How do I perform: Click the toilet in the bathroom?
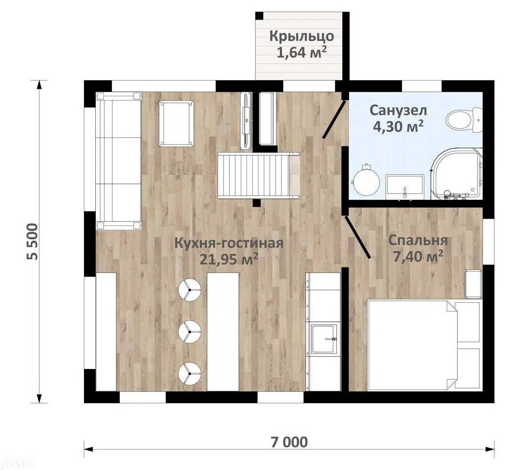[x=464, y=119]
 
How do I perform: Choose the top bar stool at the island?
[x=190, y=290]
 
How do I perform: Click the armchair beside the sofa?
[x=176, y=123]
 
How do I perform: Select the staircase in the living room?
[x=258, y=175]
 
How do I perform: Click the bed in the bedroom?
[x=424, y=345]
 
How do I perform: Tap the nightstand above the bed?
[x=473, y=284]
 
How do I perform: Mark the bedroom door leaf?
[x=357, y=237]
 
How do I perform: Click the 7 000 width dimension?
[x=289, y=442]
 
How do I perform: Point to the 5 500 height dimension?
[x=34, y=242]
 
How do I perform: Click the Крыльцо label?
[x=301, y=36]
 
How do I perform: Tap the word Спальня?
[x=418, y=241]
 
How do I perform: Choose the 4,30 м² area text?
[x=398, y=126]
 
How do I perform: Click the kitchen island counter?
[x=223, y=331]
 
